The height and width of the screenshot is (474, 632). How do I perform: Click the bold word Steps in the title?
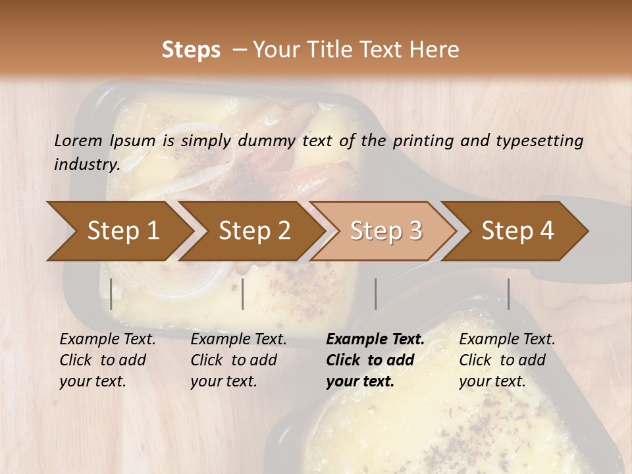191,50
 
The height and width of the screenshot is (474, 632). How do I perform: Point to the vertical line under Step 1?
111,294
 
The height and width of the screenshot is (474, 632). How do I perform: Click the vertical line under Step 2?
243,294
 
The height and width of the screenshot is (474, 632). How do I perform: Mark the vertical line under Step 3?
375,294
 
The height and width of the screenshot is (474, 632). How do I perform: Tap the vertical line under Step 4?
508,294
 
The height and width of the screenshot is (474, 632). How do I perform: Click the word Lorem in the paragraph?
78,140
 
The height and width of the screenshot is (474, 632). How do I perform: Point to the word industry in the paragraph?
86,164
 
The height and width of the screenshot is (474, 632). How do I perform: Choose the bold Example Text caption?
375,359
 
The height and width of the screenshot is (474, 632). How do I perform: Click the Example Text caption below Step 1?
107,359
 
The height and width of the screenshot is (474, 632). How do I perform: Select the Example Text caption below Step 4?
507,359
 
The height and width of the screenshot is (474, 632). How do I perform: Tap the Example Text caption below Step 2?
238,359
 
